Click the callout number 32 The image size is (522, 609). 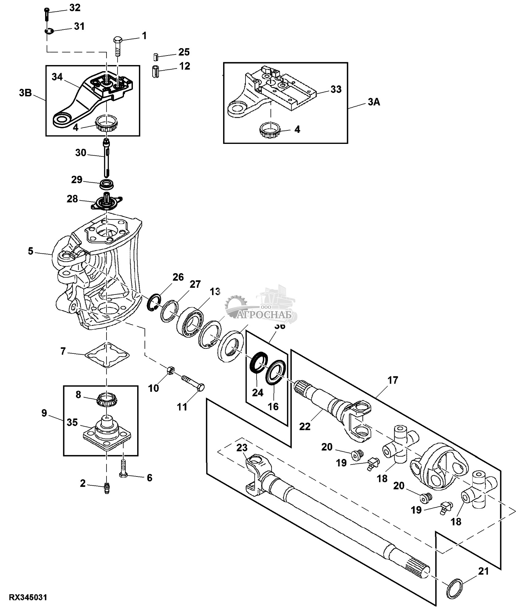(75, 8)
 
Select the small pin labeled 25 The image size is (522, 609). (156, 57)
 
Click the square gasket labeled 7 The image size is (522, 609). (107, 355)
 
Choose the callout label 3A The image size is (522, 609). (374, 102)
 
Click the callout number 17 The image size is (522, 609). (392, 380)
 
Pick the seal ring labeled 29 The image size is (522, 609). (106, 185)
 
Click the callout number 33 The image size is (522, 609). (336, 89)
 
